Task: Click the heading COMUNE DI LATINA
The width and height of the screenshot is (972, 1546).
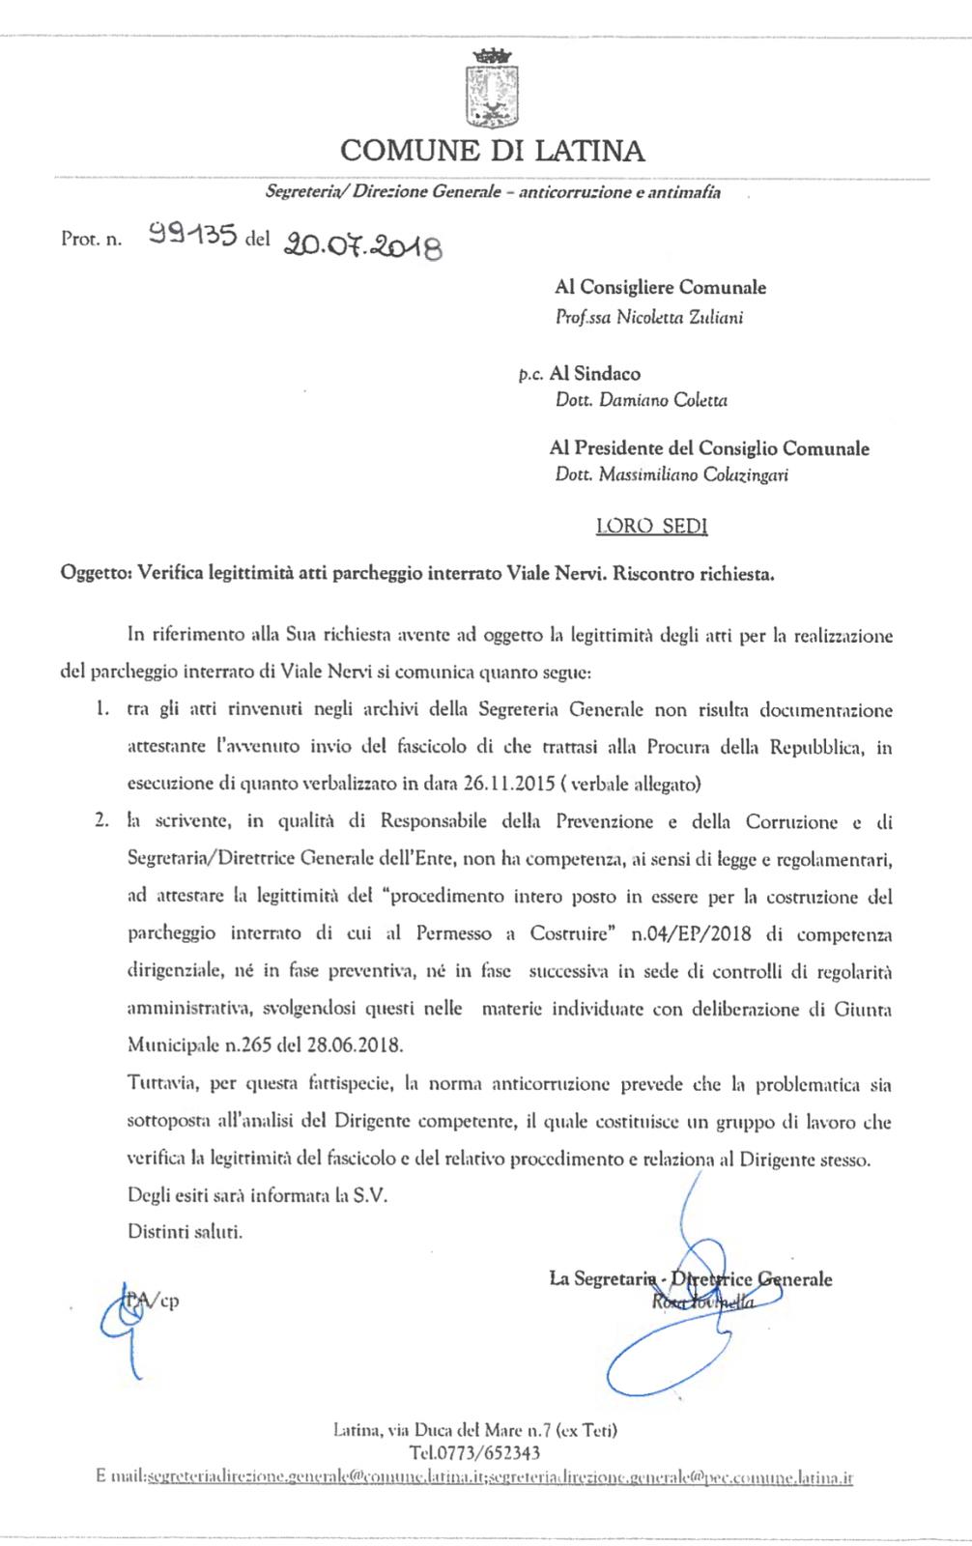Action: (492, 151)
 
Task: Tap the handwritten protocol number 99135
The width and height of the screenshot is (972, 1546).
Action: (193, 234)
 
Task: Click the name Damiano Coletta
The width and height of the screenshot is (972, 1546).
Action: (663, 400)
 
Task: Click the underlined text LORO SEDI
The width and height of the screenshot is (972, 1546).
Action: (651, 526)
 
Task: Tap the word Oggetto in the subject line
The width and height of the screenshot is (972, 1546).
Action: (95, 574)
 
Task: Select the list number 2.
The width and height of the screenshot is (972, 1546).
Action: (100, 821)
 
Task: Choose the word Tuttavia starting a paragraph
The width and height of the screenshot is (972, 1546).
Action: (158, 1084)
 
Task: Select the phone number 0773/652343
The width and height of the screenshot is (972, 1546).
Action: (474, 1452)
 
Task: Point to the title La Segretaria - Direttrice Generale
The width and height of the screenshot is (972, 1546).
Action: (690, 1279)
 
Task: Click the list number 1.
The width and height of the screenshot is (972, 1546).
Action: (100, 710)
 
